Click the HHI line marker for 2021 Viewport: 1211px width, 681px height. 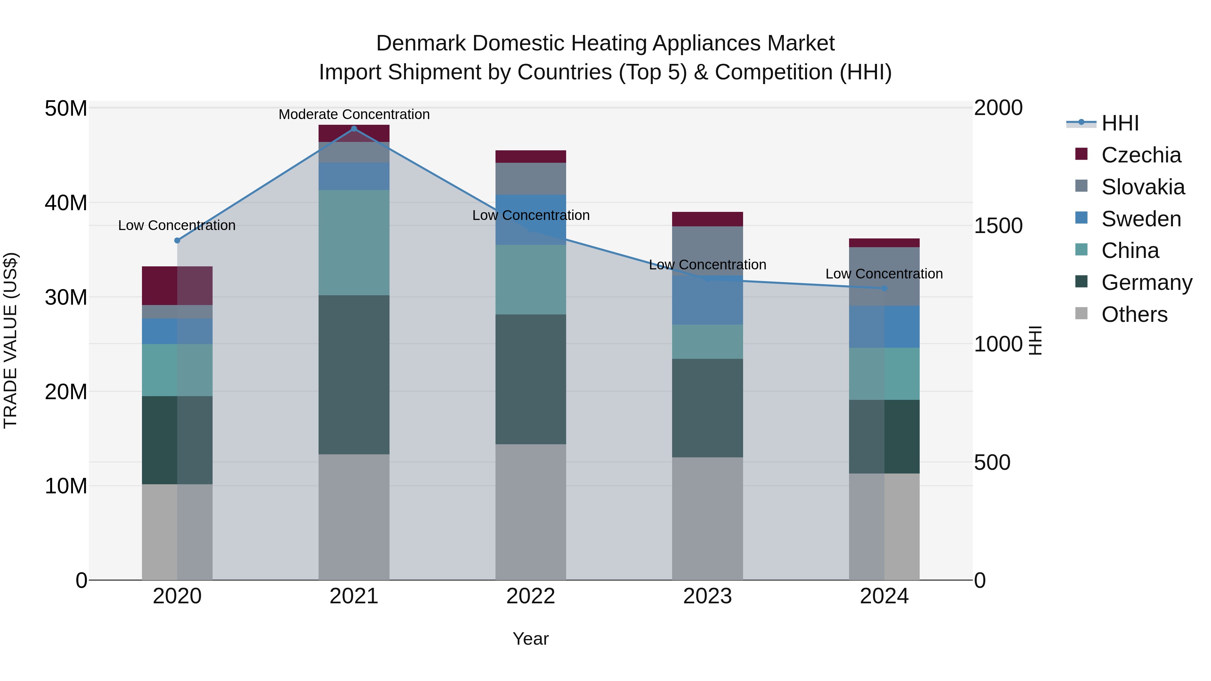point(354,129)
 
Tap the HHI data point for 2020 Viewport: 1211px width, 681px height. point(177,241)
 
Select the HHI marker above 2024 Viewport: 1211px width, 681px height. point(884,288)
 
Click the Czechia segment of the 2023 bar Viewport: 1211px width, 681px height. point(707,219)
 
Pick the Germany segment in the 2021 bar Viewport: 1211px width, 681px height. point(354,375)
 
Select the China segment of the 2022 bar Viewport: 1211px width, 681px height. point(531,280)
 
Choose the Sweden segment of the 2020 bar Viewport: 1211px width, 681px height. point(177,331)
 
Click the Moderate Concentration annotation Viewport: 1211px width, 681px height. point(354,114)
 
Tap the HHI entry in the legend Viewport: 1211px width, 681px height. point(1120,123)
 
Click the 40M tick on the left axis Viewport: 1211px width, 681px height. point(66,203)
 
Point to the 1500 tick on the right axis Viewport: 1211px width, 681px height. point(998,226)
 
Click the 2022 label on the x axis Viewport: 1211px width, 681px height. point(531,596)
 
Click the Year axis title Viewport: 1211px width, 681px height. point(531,639)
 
